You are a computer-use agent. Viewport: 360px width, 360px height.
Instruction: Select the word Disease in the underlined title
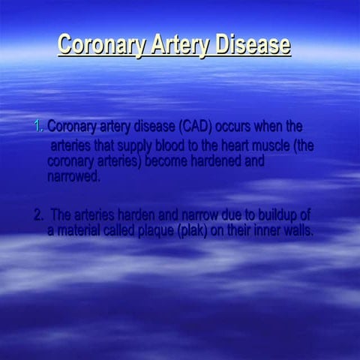click(253, 44)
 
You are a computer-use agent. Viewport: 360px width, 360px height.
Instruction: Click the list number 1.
click(39, 126)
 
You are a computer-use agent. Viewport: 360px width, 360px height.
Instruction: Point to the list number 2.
click(38, 216)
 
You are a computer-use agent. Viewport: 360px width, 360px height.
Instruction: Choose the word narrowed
click(73, 176)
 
